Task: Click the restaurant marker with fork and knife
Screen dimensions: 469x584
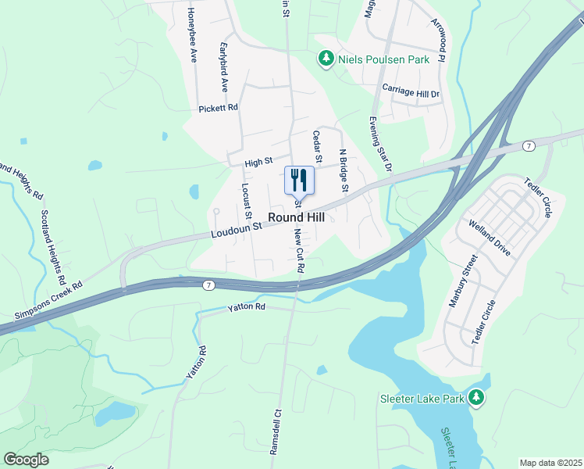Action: coord(298,181)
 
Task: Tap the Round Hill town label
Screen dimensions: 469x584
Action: coord(297,217)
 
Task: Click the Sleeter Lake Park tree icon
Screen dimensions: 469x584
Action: coord(475,398)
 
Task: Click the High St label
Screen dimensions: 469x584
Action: coord(258,163)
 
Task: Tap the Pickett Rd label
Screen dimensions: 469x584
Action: coord(218,109)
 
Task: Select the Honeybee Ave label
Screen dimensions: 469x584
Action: coord(192,36)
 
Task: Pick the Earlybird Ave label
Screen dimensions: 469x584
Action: coord(224,67)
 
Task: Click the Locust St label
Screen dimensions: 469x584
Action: coord(246,200)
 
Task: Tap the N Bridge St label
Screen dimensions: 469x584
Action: coord(341,170)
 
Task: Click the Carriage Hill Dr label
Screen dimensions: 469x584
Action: coord(411,91)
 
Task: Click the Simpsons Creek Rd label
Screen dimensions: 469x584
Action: coord(48,301)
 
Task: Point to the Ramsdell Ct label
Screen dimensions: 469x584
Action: coord(275,431)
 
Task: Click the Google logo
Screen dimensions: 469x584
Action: coord(27,459)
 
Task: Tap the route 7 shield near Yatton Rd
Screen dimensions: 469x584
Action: coord(208,285)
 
